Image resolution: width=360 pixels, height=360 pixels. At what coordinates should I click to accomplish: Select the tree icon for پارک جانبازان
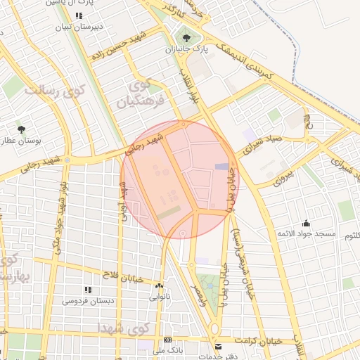[x=186, y=38]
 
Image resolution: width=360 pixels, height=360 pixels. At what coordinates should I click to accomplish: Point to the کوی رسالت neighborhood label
[x=53, y=91]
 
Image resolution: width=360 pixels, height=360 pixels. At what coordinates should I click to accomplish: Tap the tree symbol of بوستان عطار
[x=22, y=129]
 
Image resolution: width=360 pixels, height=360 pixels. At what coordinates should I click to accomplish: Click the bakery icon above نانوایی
[x=159, y=286]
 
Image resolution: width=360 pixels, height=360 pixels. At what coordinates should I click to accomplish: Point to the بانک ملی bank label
[x=168, y=349]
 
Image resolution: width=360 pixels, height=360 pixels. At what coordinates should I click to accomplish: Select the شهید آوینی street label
[x=123, y=199]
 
